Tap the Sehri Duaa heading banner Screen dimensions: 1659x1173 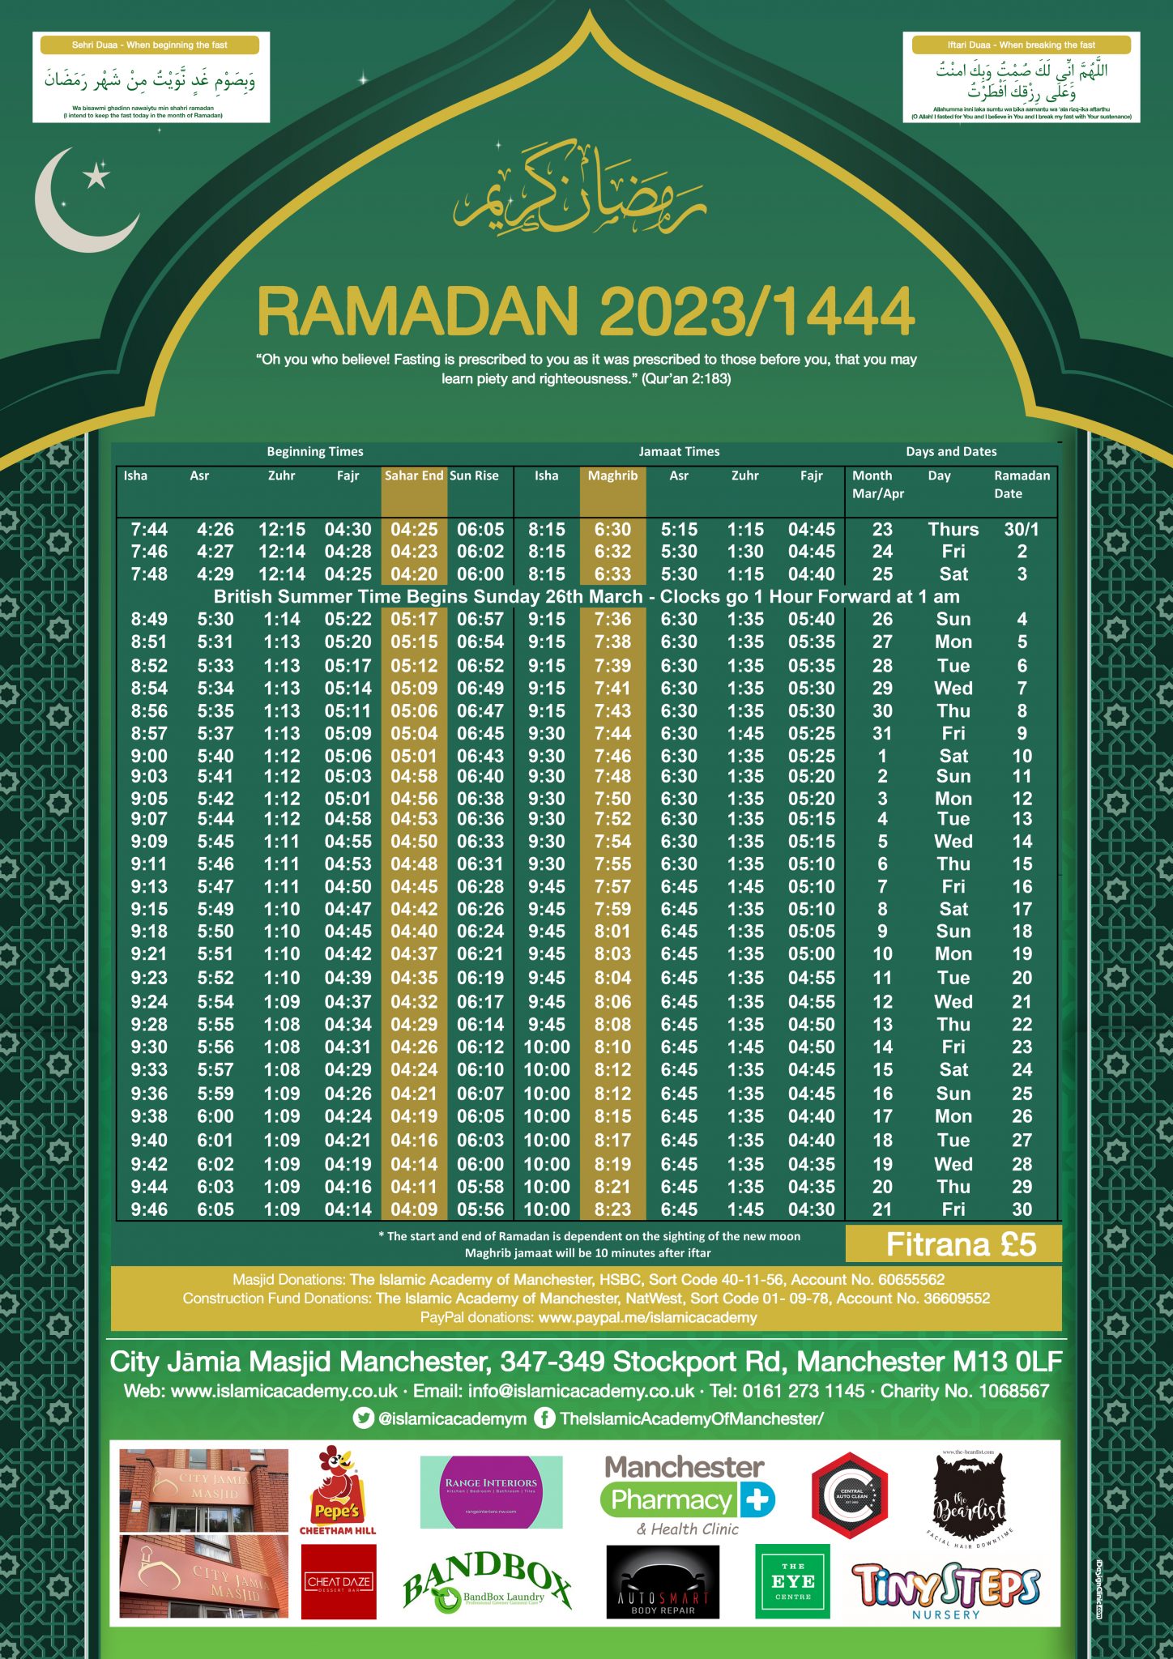pos(150,45)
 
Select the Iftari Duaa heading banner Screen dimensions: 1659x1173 pos(1021,45)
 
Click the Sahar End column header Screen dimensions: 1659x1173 pos(414,476)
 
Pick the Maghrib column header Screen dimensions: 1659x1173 pos(612,476)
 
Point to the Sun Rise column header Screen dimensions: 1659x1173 pos(475,476)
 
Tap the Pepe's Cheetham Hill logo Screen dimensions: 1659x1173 pos(338,1491)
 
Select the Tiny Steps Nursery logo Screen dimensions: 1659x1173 pos(945,1589)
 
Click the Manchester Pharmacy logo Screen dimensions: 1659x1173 pos(688,1494)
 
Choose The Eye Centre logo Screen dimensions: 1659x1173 pos(792,1580)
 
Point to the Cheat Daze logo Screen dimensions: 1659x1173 pos(339,1581)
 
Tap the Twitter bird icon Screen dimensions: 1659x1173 pos(364,1418)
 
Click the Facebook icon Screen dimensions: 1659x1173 pos(544,1418)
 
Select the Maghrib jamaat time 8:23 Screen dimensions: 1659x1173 pos(612,1209)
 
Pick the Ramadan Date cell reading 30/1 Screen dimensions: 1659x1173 pos(1022,530)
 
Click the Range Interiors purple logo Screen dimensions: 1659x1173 pos(491,1491)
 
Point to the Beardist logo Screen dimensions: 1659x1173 pos(970,1495)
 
